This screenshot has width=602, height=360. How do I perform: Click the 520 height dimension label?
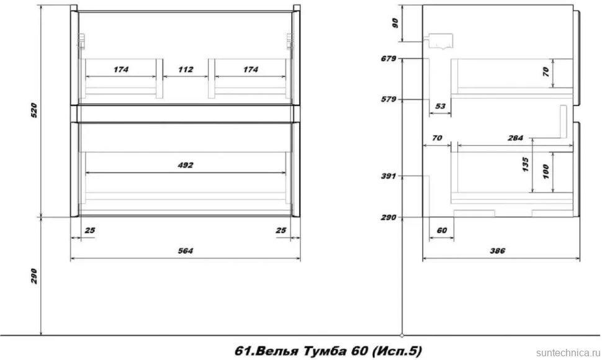(34, 110)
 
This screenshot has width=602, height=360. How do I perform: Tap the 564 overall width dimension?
(186, 251)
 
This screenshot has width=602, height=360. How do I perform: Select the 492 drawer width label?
(186, 166)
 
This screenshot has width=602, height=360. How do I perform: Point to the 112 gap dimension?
(186, 70)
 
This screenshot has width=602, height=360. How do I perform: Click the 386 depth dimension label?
(498, 251)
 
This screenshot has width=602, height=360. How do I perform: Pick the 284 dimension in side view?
(515, 138)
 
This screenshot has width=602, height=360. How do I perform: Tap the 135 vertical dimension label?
(525, 164)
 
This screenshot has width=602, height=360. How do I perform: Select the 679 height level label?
(389, 59)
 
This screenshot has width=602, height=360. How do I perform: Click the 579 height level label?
(389, 99)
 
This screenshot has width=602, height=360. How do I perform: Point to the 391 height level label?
(389, 176)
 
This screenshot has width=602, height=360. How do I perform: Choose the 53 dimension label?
(441, 106)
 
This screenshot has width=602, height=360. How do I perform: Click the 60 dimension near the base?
(442, 230)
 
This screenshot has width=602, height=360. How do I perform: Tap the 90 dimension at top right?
(395, 24)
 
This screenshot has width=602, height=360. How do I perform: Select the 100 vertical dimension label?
(546, 171)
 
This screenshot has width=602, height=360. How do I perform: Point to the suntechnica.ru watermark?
(568, 353)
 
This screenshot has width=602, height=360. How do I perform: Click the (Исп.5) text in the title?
(397, 351)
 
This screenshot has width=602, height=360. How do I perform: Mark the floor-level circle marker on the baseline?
(402, 335)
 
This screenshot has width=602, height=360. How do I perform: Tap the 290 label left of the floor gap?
(34, 276)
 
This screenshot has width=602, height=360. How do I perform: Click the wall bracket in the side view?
(438, 42)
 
